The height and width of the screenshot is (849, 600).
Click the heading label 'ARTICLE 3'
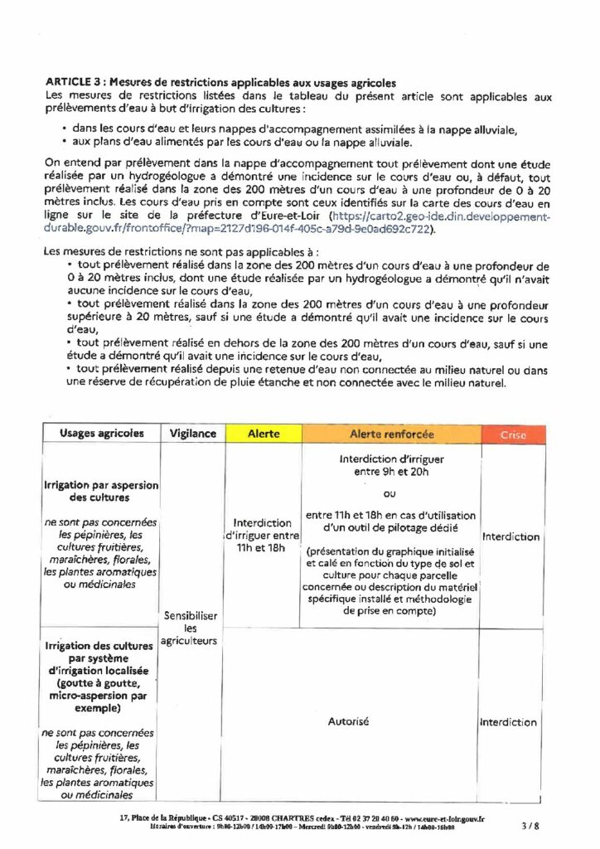point(74,84)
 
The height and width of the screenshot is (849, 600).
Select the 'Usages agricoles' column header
point(101,434)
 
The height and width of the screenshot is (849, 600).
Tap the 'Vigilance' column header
point(192,434)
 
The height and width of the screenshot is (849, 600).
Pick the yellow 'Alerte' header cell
point(263,434)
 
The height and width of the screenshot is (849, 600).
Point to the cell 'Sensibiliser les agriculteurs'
point(192,628)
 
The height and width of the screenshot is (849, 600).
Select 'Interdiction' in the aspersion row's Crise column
point(510,536)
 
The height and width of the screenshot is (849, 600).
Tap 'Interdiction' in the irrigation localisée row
point(509,722)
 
